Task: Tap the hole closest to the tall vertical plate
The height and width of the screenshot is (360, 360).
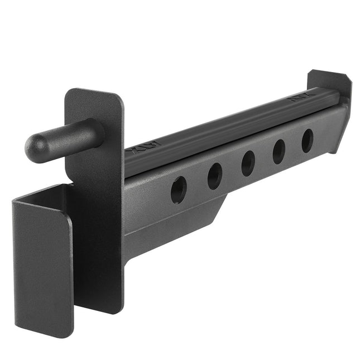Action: point(179,190)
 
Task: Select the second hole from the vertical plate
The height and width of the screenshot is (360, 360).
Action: point(214,177)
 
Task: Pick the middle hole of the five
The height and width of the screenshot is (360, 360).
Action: point(248,164)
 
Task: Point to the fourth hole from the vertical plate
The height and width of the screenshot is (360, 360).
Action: point(279,151)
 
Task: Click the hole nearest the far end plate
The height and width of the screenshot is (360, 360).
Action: point(308,141)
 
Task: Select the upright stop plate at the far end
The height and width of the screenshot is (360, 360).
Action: point(330,84)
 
